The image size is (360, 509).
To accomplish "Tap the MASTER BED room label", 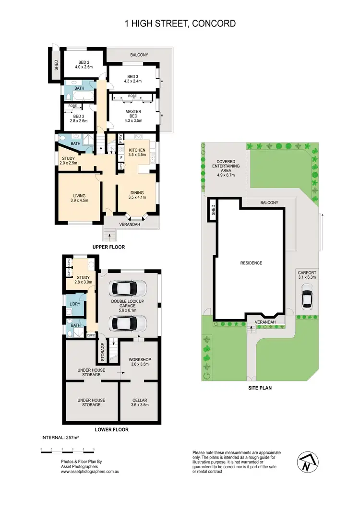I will point(133,114).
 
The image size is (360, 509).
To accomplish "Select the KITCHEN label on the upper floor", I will point(137,153).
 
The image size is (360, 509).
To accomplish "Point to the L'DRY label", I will point(74,305).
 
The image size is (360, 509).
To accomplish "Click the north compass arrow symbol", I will point(306,462).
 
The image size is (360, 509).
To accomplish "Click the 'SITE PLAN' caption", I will point(260,388).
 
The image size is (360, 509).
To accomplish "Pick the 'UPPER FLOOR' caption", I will point(108,247).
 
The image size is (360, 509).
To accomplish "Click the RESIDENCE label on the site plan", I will point(251,263).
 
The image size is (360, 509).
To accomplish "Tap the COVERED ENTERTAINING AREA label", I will point(228,166).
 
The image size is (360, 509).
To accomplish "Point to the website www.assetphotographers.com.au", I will point(90,472).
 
